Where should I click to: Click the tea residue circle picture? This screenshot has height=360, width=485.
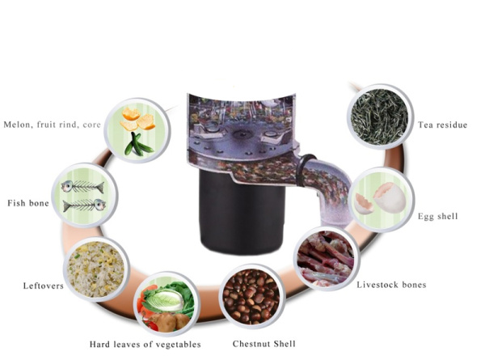[x=380, y=116]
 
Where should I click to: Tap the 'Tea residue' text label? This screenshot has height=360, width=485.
[x=442, y=125]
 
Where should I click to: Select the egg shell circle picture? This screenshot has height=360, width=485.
[x=382, y=199]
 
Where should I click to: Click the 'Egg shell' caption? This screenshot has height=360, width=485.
[x=437, y=216]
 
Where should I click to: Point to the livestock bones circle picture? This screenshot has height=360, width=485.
[x=326, y=258]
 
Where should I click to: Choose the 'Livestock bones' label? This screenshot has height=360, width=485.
[x=391, y=285]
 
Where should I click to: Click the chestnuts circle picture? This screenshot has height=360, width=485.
[x=251, y=296]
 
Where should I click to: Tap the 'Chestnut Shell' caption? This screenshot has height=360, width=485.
[x=264, y=344]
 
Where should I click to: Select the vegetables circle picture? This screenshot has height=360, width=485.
[x=167, y=304]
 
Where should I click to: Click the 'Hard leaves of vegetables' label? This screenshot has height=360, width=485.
[x=145, y=345]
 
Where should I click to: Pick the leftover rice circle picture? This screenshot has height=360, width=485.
[x=96, y=269]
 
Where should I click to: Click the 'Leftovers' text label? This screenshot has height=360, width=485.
[x=44, y=286]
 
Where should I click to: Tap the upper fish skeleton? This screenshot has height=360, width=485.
[x=82, y=187]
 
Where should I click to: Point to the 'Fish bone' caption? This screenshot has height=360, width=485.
[x=28, y=203]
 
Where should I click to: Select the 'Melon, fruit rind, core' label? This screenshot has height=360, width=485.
[x=52, y=125]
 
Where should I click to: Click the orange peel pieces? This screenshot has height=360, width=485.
[x=137, y=119]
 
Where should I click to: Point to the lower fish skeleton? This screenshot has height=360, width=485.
[x=84, y=205]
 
